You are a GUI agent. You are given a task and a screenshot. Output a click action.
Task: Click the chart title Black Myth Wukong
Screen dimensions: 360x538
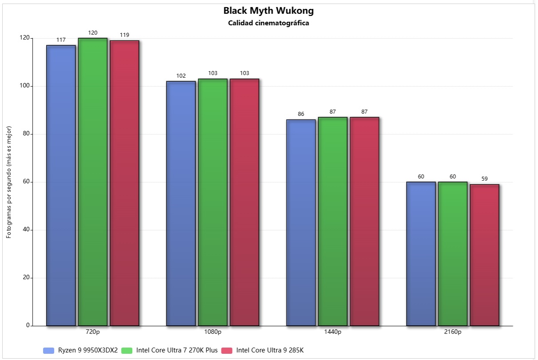point(269,11)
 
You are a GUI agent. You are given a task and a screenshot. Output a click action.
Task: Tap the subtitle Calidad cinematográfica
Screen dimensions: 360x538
point(269,23)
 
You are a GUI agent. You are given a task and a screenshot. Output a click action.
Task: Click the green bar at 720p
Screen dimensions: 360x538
point(93,182)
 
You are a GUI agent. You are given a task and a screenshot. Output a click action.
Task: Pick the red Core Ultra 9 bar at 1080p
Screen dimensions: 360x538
point(244,202)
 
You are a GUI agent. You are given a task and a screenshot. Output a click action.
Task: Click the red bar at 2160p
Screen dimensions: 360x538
point(484,255)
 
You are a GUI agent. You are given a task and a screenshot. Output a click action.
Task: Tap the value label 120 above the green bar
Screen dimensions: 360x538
point(93,33)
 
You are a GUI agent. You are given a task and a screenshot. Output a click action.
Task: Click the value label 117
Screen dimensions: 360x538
point(61,40)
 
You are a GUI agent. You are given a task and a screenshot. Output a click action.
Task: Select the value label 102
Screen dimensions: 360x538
point(181,76)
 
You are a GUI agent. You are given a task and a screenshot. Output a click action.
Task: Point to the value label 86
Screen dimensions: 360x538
point(301,114)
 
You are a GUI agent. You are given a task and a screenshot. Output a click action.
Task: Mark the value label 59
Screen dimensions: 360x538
point(485,179)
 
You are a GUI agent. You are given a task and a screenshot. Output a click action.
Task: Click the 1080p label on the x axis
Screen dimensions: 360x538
point(213,332)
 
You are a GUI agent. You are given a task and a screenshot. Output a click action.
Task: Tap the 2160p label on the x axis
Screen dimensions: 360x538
point(453,332)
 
